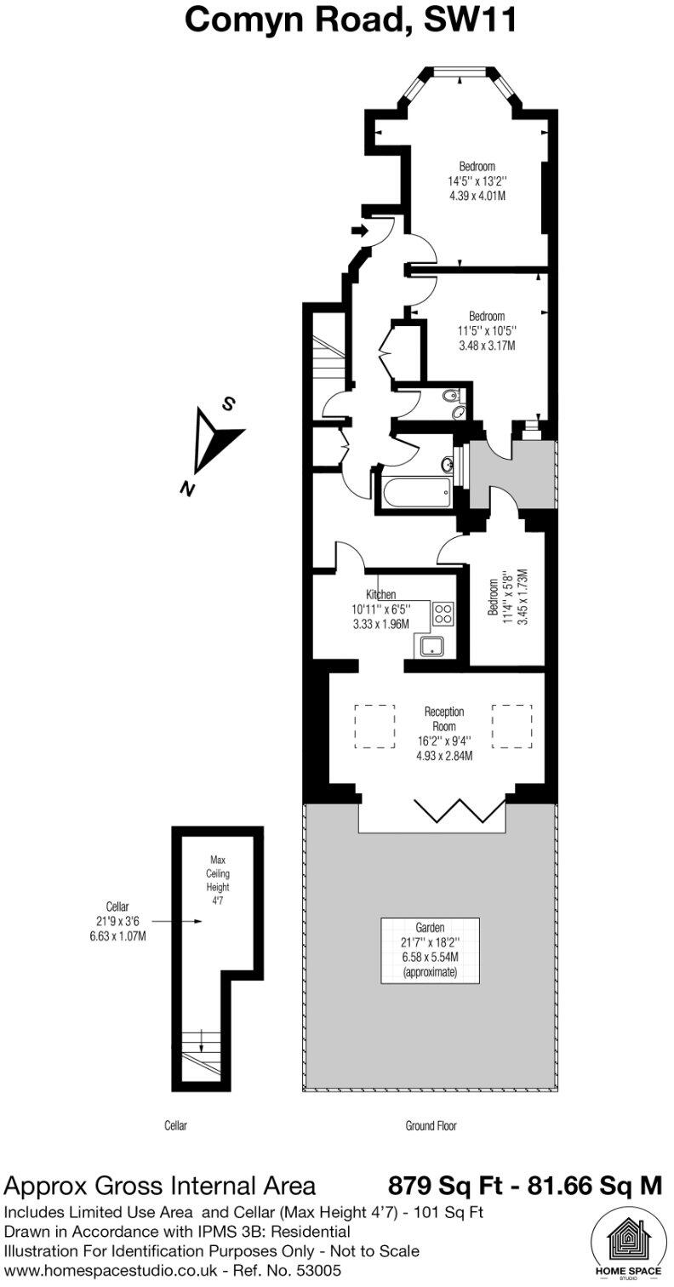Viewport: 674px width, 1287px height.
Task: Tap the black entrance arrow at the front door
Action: (358, 230)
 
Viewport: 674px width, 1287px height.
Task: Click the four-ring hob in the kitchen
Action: (443, 614)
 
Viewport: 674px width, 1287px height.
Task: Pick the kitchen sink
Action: (434, 646)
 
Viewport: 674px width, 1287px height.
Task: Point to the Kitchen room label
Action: (380, 594)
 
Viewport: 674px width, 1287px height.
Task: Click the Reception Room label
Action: (443, 719)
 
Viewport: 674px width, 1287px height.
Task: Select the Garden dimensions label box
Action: (430, 948)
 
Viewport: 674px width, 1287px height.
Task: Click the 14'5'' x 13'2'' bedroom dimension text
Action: (477, 181)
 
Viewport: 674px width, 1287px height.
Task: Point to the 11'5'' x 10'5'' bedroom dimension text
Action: (486, 331)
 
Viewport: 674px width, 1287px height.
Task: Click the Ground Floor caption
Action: (431, 1125)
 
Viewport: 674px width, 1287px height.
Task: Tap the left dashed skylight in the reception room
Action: (374, 726)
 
